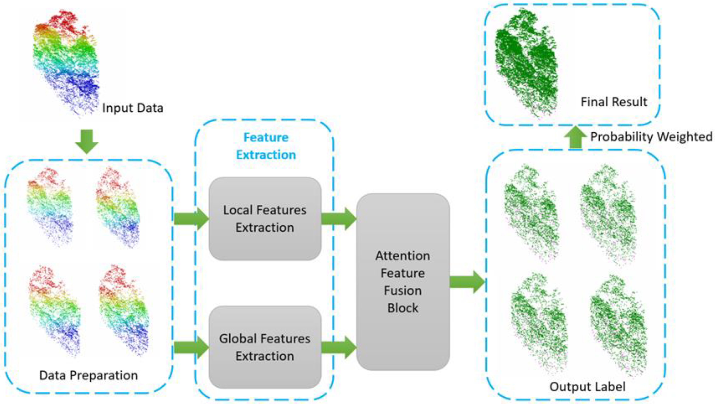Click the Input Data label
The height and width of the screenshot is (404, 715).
pos(132,108)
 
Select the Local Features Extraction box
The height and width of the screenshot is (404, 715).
pos(265,219)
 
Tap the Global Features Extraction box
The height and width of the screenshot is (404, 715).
pos(265,347)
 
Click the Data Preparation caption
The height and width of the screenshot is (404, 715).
pos(88,375)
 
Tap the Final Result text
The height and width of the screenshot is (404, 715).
pos(614,102)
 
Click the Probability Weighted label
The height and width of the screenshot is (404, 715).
pos(651,137)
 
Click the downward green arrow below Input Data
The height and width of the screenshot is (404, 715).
pos(87,141)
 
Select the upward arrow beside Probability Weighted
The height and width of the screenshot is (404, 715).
pos(575,138)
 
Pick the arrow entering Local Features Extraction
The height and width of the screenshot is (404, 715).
pos(191,219)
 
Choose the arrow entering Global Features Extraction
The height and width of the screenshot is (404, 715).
pos(191,347)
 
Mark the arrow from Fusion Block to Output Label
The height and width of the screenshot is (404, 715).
pos(467,282)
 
